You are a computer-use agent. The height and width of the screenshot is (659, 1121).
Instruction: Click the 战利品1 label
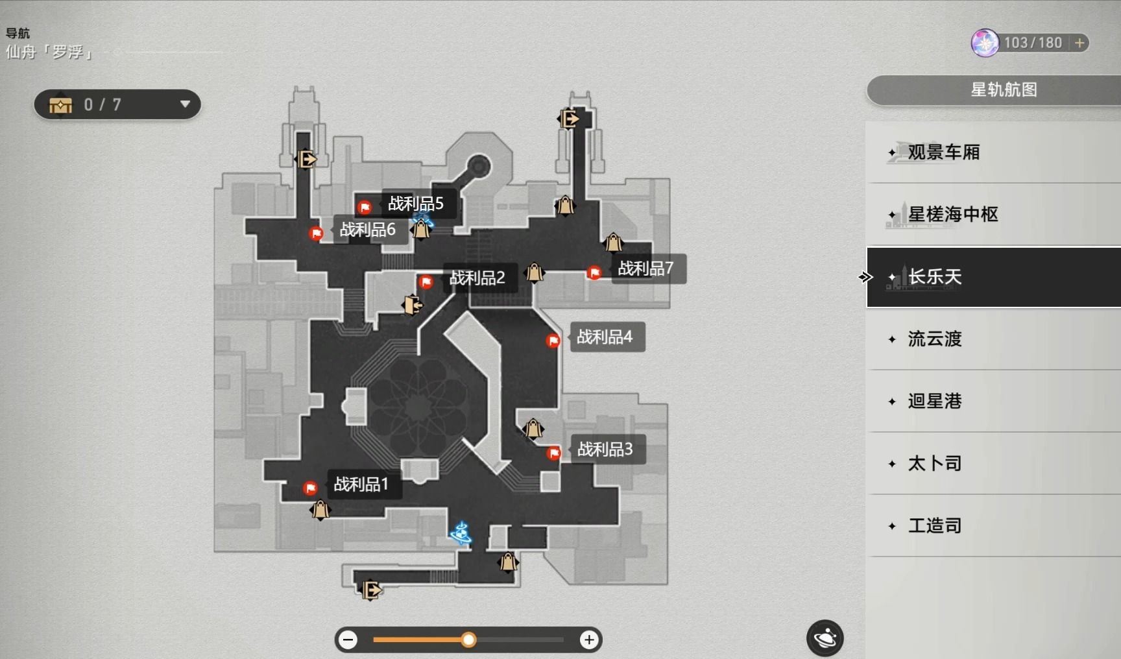[361, 484]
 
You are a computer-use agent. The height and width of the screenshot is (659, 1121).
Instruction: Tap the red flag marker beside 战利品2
[426, 282]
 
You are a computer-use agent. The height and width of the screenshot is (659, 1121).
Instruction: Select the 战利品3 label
[605, 449]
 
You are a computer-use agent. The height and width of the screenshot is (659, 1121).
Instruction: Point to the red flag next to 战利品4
[553, 341]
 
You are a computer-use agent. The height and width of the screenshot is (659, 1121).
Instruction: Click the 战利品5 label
[416, 204]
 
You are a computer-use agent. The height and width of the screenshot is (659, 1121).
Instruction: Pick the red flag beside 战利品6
[316, 233]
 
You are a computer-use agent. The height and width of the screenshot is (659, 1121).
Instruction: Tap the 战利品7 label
[645, 268]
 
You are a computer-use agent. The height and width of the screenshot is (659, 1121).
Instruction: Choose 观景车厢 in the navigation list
[944, 152]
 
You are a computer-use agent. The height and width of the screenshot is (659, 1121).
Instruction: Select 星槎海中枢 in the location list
[953, 215]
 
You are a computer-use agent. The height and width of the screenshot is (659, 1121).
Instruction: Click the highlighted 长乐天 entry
[935, 277]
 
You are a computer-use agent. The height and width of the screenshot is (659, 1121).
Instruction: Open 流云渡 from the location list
[935, 339]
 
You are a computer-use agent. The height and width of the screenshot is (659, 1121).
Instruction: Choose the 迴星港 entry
[935, 401]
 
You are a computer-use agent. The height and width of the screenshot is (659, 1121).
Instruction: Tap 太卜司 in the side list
[935, 464]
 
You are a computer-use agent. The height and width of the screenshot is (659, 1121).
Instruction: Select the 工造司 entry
[935, 526]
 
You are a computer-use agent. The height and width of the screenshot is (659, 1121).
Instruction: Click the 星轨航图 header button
[1003, 90]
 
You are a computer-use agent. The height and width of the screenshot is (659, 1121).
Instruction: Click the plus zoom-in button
[589, 640]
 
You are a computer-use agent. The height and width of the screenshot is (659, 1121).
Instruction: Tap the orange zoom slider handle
[468, 640]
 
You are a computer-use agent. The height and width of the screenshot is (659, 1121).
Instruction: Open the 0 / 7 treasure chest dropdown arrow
[185, 104]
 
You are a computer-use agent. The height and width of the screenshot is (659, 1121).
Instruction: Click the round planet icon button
[825, 638]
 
